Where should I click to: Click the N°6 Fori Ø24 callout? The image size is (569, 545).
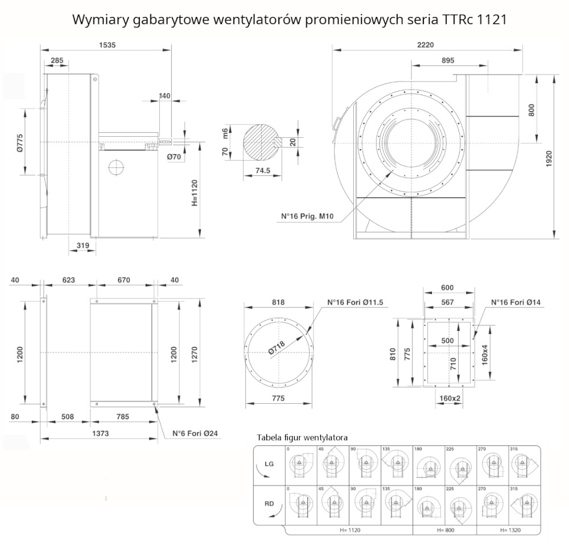coord(195,433)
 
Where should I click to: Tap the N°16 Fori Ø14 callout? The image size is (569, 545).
coord(516,303)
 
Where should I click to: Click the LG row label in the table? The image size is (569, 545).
coord(269,464)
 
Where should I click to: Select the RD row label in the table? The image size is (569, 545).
coord(269,503)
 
